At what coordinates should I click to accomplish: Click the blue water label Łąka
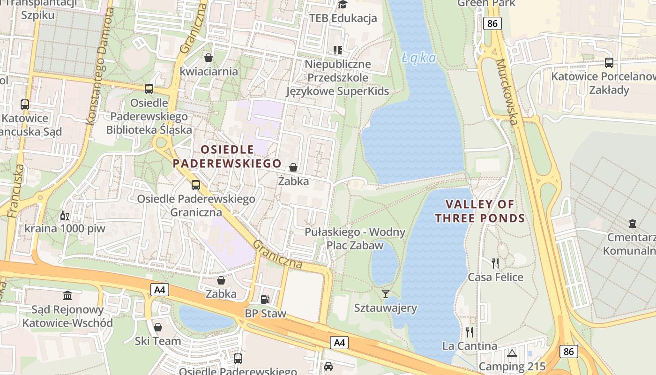coord(419,58)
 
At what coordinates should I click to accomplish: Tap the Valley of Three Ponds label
coord(480,211)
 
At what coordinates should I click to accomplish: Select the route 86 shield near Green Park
coord(493,23)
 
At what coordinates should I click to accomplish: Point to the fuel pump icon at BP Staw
coord(265,299)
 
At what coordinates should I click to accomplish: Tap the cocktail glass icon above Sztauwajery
coord(386,294)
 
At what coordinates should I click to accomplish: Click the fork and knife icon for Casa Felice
coord(495,263)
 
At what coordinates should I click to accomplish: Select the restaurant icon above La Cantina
coord(470,332)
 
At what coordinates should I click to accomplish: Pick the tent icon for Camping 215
coord(512,353)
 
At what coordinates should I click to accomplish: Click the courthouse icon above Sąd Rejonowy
coord(67,296)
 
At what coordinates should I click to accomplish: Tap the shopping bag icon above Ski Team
coord(158,327)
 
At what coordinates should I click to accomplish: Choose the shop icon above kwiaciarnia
coord(209,58)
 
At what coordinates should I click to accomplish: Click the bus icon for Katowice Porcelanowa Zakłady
coord(609,62)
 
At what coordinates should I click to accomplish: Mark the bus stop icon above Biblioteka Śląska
coord(149,89)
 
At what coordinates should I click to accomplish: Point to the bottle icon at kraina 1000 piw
coord(64,216)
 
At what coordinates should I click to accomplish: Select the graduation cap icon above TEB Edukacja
coord(343,5)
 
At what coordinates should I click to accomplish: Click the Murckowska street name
coord(507,92)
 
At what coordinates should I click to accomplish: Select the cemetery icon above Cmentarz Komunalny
coord(633,223)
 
